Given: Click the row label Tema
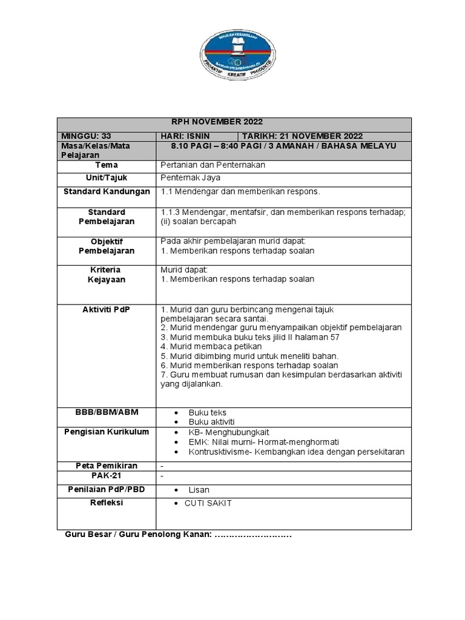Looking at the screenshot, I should (x=107, y=165).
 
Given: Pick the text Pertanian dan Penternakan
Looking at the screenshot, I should (x=213, y=165).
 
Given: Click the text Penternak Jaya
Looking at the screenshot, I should (x=191, y=178).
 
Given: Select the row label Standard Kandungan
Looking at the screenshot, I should (x=107, y=191).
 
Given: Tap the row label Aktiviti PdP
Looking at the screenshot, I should (x=107, y=309).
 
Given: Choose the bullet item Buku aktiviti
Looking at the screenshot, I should (x=211, y=421).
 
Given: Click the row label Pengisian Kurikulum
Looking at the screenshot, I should (x=107, y=432).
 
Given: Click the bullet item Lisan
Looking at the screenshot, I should (x=199, y=490).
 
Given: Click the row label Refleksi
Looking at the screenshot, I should (x=107, y=503).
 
